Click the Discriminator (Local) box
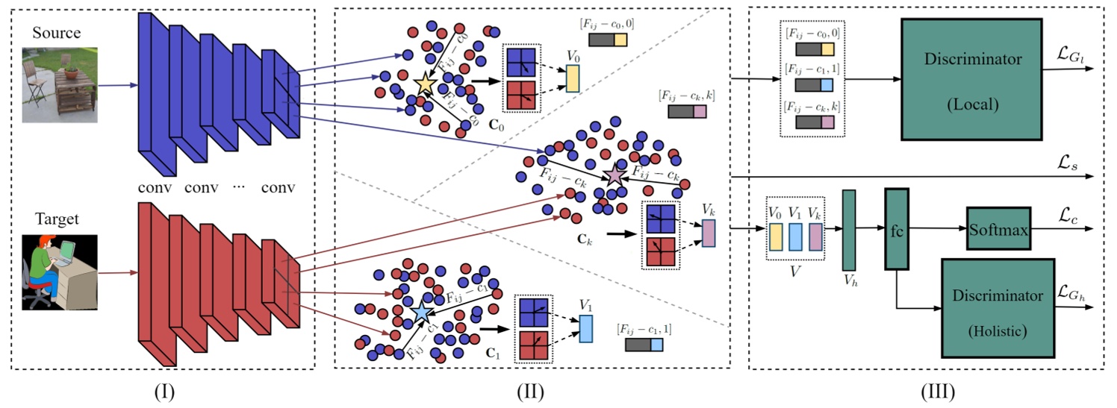[971, 78]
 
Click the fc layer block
[897, 228]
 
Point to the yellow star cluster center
[424, 84]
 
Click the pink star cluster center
[614, 176]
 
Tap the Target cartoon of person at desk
[60, 272]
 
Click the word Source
[56, 34]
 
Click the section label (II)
[531, 390]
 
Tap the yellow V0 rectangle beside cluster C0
[573, 78]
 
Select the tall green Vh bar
[849, 230]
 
